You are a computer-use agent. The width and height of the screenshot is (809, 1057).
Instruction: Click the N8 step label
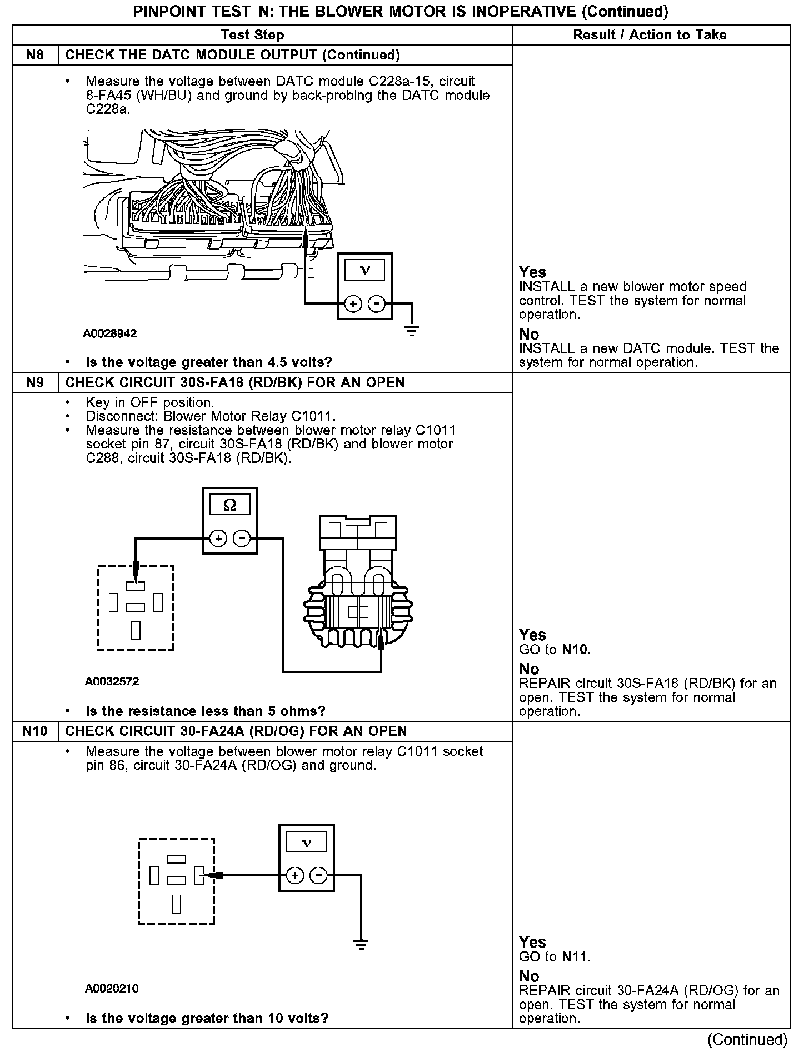[x=34, y=55]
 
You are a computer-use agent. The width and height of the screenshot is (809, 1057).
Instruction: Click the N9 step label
[x=34, y=382]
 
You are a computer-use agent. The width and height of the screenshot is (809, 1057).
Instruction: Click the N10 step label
[x=34, y=731]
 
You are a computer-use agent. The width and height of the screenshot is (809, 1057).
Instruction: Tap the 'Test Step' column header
[x=252, y=35]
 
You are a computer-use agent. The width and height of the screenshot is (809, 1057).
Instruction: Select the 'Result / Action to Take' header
[x=650, y=35]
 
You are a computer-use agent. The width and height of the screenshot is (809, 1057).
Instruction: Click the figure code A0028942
[x=110, y=333]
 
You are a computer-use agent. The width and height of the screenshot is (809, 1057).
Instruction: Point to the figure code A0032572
[x=112, y=681]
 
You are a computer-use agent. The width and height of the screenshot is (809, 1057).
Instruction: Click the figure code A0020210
[x=112, y=989]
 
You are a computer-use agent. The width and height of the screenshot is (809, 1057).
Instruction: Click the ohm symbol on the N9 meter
[x=229, y=505]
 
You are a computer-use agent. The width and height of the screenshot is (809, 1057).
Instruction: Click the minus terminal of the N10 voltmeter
[x=318, y=876]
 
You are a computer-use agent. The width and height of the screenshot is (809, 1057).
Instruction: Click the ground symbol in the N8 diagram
[x=411, y=332]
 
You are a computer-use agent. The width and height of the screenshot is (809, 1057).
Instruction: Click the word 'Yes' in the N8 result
[x=532, y=272]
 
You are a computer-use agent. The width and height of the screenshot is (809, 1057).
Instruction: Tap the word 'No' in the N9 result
[x=529, y=669]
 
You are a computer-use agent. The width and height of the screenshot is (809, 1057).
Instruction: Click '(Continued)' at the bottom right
[x=747, y=1039]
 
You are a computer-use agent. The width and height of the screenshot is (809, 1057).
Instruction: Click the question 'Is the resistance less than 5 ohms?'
[x=205, y=711]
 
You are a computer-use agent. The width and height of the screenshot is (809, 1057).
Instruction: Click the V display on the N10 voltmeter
[x=306, y=844]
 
